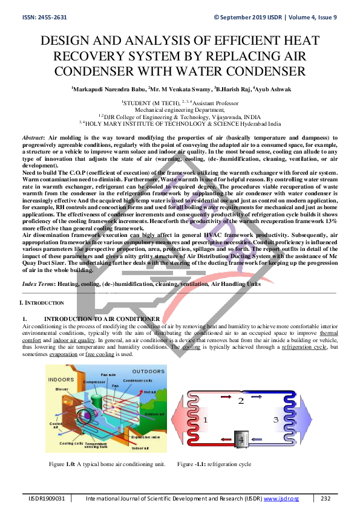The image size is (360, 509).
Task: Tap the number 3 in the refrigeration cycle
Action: (275, 419)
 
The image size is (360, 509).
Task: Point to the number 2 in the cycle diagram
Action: (240, 401)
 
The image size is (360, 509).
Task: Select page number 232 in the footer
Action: (326, 498)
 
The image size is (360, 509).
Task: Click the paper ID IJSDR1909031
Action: (45, 498)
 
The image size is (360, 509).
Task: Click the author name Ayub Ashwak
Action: (274, 89)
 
